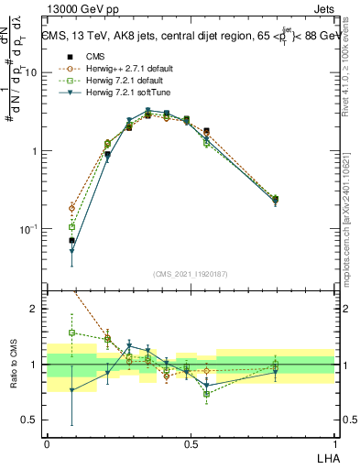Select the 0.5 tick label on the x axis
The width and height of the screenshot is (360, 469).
191,442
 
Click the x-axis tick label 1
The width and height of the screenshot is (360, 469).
334,442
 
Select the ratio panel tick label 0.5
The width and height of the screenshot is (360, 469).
31,420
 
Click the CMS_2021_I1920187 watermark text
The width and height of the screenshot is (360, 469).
190,274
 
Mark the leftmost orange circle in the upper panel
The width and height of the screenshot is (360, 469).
71,208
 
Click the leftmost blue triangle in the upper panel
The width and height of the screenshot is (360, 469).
71,250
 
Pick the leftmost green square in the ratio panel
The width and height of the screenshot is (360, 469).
71,333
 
